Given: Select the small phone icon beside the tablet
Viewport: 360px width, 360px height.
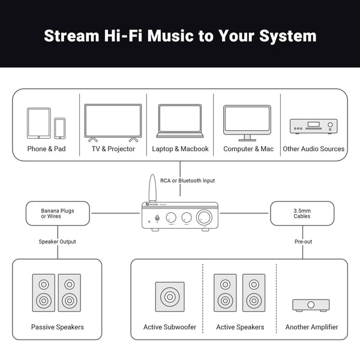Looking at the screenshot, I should (59, 128).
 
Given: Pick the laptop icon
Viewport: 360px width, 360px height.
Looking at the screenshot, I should (179, 122).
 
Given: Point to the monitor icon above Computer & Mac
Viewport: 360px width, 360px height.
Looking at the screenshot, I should (248, 122).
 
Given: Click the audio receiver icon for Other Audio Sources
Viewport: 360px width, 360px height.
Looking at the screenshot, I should (313, 126).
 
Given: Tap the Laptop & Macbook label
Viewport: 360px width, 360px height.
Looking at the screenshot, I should (180, 149).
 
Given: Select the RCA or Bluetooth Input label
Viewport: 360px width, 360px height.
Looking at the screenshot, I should (187, 181).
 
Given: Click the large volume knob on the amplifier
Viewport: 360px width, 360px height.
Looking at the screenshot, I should (206, 217).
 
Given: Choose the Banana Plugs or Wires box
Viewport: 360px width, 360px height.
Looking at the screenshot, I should (58, 213).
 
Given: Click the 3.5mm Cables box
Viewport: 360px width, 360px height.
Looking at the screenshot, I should (302, 213).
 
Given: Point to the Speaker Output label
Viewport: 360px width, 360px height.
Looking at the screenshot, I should (58, 241).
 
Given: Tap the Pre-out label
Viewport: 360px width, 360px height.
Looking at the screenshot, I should (303, 241).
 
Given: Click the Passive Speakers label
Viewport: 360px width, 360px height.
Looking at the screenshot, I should (58, 327).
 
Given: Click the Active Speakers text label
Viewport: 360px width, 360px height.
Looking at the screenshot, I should (240, 327).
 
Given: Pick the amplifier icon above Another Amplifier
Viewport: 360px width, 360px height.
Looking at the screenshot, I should (310, 305).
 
